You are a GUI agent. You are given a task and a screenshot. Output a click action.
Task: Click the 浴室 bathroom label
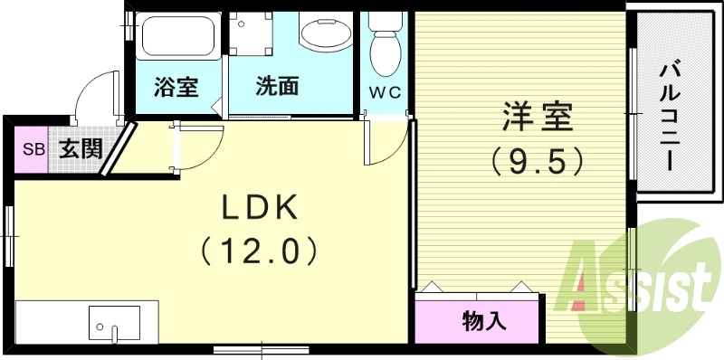[x=176, y=88]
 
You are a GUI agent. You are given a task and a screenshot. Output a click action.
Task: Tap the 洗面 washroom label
[x=277, y=88]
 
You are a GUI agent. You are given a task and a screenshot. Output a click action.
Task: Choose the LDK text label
[x=261, y=208]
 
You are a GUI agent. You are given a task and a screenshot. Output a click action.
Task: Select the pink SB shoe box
[x=33, y=149]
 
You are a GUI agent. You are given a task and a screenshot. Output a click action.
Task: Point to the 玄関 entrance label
[x=80, y=149]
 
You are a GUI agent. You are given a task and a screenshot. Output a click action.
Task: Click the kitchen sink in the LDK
[x=114, y=323]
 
